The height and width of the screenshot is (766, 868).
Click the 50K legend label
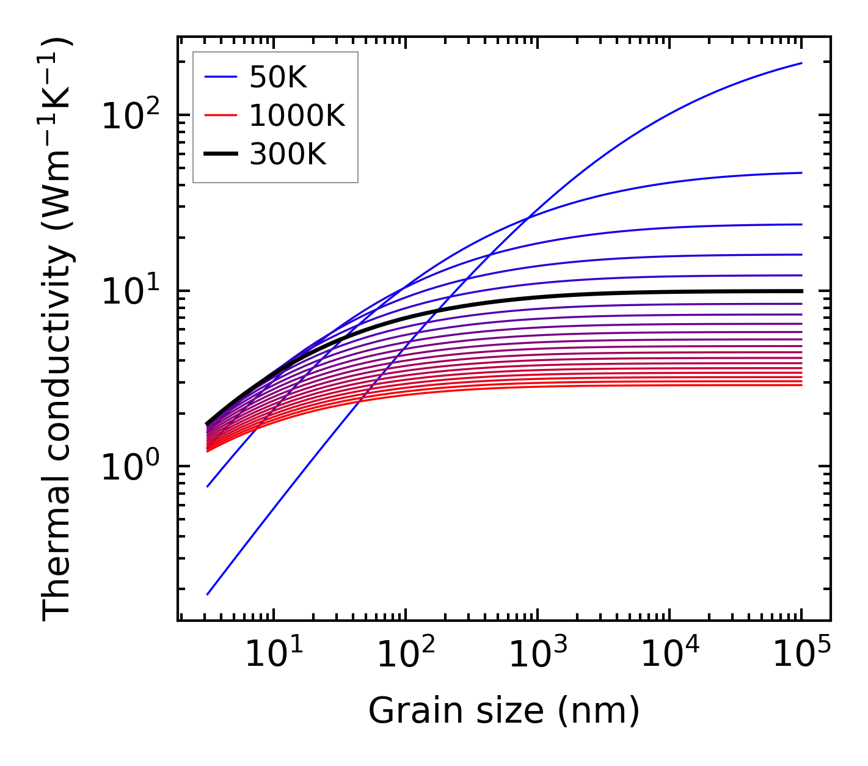[277, 78]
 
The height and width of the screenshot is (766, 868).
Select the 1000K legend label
[297, 115]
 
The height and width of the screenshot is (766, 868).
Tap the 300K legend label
[288, 155]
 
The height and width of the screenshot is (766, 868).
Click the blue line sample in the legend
[220, 77]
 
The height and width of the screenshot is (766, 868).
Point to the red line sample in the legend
[220, 115]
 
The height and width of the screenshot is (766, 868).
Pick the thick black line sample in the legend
[220, 155]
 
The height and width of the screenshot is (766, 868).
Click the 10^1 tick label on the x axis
[273, 654]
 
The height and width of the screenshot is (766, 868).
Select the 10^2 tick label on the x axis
[405, 654]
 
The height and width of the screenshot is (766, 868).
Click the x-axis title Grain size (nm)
[504, 710]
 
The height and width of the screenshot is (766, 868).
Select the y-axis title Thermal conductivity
[58, 330]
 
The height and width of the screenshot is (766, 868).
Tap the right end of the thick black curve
[801, 291]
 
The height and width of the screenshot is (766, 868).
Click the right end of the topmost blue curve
[801, 63]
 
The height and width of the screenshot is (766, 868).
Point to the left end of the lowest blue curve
[208, 594]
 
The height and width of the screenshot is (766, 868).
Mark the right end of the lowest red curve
[801, 385]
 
